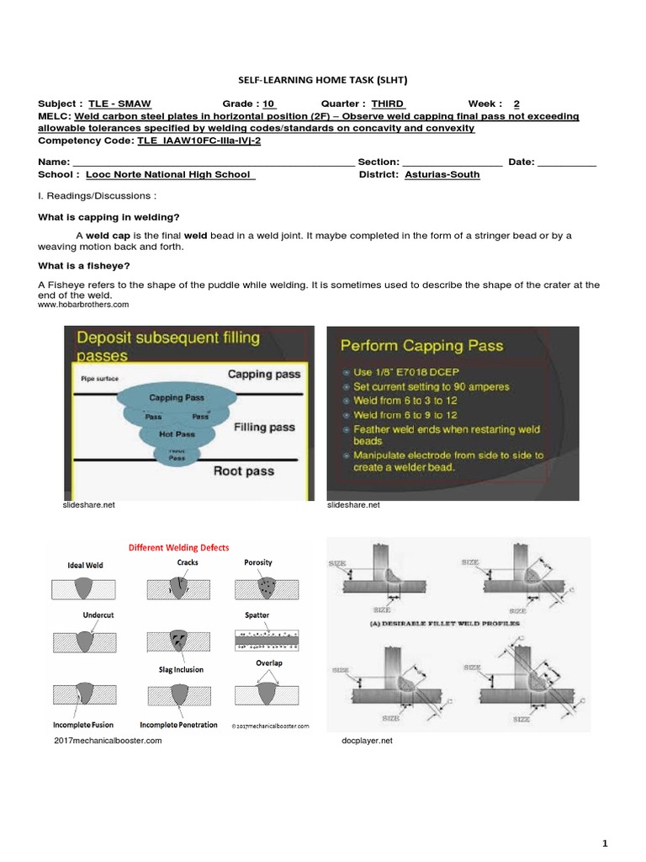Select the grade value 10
tap(269, 104)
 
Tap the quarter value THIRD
tap(387, 104)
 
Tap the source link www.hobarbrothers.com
tap(83, 305)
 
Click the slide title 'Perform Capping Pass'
tap(420, 345)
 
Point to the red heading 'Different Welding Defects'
tap(177, 546)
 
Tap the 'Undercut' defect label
tap(98, 615)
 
